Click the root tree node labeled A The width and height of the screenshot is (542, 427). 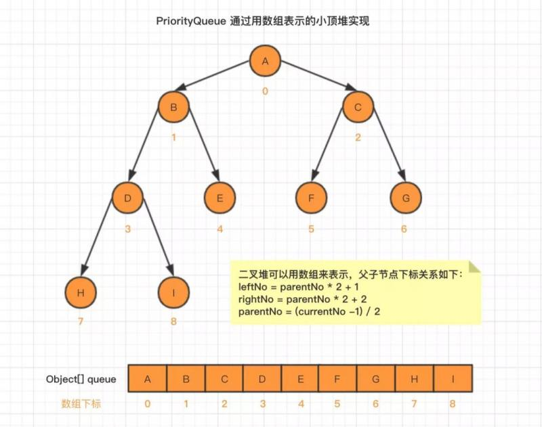point(265,61)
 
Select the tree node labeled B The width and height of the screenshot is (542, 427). point(174,107)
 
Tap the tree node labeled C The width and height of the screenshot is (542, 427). point(358,107)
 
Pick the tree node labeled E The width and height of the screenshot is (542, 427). point(220,198)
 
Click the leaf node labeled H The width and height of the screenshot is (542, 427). point(81,293)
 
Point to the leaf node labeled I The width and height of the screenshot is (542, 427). point(173,293)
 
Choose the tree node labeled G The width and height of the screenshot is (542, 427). point(406,198)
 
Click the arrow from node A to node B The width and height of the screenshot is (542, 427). point(213,76)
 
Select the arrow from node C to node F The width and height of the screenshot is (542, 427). point(327,145)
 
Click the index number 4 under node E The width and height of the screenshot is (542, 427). point(220,229)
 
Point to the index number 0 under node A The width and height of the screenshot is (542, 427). point(265,91)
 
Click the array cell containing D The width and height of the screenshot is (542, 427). point(262,379)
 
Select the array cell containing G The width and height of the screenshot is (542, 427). point(376,379)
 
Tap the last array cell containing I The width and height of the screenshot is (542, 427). point(453,379)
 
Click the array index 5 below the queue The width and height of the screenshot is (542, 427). point(337,404)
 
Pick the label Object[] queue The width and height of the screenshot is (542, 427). point(81,380)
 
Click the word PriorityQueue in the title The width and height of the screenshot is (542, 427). point(191,22)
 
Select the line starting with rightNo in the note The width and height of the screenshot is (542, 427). point(302,299)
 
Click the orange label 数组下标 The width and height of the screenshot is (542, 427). point(81,404)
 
